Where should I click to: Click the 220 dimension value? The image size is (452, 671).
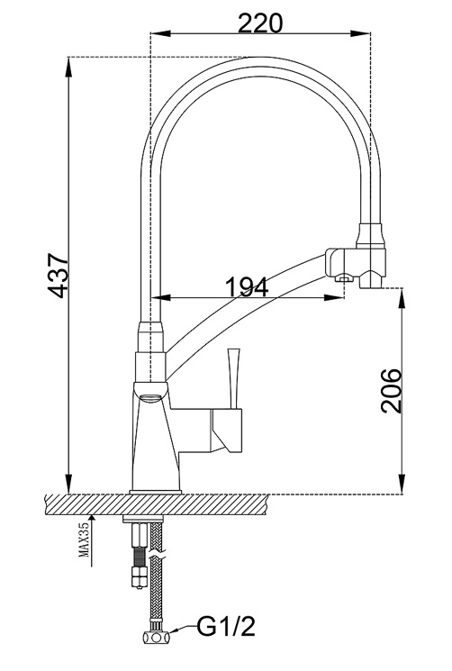(x=260, y=23)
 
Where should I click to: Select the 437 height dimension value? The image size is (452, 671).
(x=58, y=276)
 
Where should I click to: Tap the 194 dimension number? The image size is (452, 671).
(x=247, y=287)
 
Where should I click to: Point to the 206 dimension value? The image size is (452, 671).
(x=392, y=390)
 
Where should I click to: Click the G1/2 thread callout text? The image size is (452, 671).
(x=226, y=627)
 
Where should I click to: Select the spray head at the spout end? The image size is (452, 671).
(x=371, y=256)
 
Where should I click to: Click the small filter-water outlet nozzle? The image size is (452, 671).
(x=343, y=279)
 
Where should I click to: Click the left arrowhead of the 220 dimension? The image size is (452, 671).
(x=161, y=33)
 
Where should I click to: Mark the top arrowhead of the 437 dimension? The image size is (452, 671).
(x=68, y=68)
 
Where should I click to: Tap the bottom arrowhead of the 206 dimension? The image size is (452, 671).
(x=402, y=484)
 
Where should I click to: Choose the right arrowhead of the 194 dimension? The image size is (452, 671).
(x=334, y=297)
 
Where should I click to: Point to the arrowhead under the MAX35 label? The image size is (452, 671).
(x=92, y=521)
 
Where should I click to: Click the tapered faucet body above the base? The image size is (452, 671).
(x=155, y=440)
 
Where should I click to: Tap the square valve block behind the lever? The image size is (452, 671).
(x=226, y=431)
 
